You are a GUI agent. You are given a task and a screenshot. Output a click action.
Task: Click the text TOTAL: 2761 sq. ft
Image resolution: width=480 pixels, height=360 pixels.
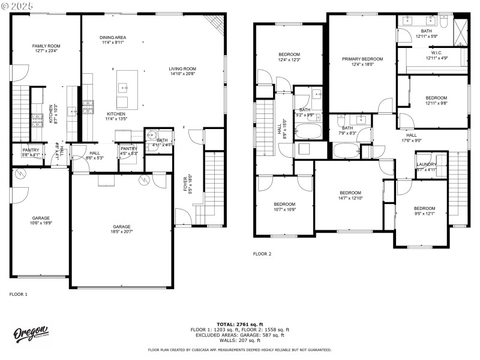click(x=239, y=324)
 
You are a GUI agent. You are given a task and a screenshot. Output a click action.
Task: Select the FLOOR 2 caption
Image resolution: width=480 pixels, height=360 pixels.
click(x=262, y=254)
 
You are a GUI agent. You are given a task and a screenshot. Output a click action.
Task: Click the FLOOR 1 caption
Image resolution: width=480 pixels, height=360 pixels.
click(x=18, y=294)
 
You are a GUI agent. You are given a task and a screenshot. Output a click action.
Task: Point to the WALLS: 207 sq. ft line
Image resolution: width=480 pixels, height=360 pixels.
click(x=239, y=340)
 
